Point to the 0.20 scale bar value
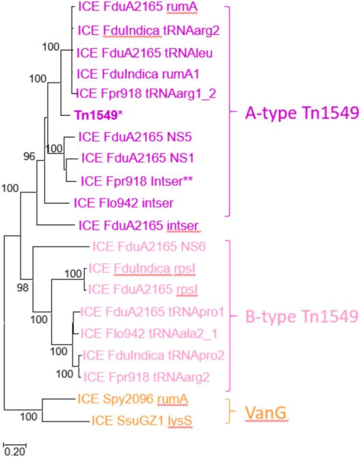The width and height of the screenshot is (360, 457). coord(15,451)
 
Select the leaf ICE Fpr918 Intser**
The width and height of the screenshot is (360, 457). coord(137,181)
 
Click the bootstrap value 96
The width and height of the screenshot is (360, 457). coord(29,157)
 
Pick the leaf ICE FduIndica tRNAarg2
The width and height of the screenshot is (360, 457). coord(149,30)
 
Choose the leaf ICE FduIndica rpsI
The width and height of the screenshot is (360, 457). coord(143,268)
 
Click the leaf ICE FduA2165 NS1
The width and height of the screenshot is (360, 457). coord(137,158)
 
